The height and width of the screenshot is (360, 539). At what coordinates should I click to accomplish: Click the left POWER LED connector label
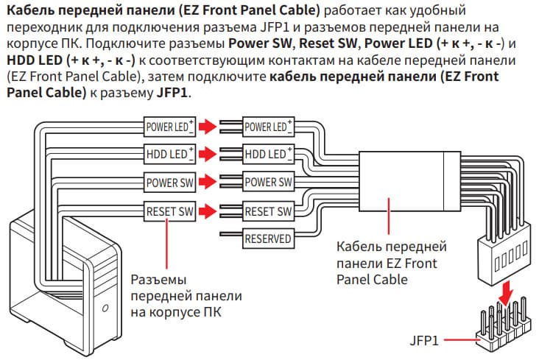[169, 127]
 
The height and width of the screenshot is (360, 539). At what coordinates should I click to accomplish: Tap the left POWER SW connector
[169, 182]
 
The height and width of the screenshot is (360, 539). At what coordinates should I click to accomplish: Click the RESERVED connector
[267, 239]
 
